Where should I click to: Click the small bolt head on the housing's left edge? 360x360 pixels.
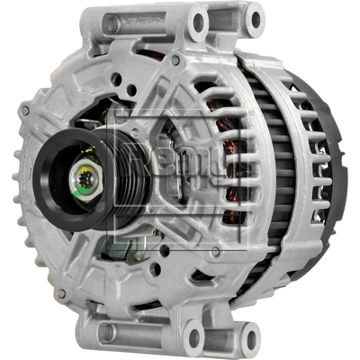pyautogui.click(x=25, y=112)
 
